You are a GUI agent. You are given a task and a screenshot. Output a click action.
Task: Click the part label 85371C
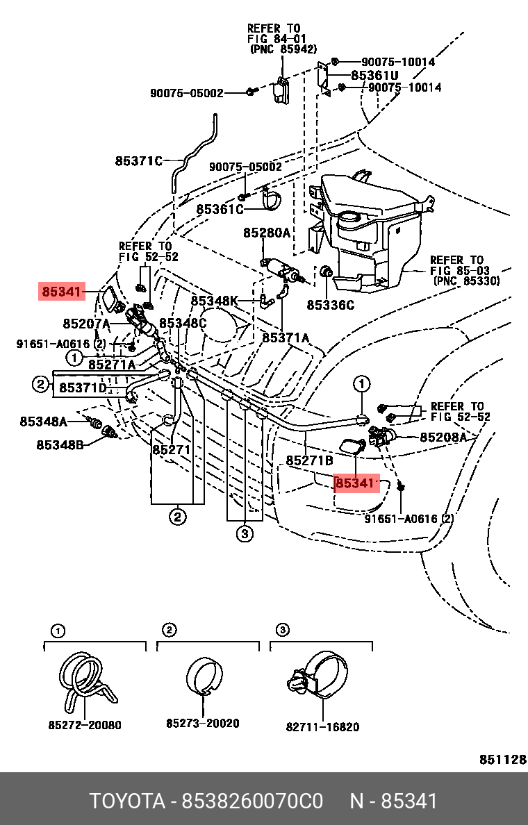(x=139, y=160)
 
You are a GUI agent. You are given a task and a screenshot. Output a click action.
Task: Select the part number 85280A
(x=266, y=232)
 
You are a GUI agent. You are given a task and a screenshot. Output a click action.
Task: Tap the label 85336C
(x=331, y=305)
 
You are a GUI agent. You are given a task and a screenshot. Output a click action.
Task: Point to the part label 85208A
(x=443, y=437)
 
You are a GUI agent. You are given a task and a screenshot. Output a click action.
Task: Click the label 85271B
(x=310, y=460)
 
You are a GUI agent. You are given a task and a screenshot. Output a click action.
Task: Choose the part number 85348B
(x=60, y=444)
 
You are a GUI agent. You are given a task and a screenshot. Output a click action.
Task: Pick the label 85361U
(x=375, y=75)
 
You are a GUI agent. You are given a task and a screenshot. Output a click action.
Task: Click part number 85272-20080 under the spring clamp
(x=85, y=725)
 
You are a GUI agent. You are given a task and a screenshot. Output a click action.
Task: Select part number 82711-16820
(x=322, y=727)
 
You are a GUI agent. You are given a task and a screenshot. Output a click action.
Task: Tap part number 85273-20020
(x=203, y=724)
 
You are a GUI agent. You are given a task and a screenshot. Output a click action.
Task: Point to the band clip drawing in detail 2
(x=204, y=676)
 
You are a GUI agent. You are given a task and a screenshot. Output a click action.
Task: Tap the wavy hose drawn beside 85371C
(x=194, y=153)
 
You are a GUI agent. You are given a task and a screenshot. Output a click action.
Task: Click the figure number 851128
(x=503, y=759)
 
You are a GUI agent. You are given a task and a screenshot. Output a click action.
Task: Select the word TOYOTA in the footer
(x=127, y=801)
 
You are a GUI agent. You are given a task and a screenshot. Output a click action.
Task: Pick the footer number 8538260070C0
(x=252, y=801)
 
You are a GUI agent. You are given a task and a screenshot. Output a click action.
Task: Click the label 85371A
(x=286, y=337)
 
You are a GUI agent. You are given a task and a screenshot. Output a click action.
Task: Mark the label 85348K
(x=214, y=301)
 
